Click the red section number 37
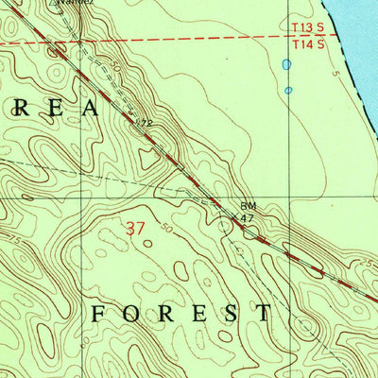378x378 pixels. coord(136,227)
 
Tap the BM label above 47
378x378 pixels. coord(248,205)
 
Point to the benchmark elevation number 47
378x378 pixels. coord(249,217)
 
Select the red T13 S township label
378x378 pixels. coord(308,28)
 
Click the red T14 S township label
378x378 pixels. coord(308,43)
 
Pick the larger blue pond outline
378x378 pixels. coord(285,65)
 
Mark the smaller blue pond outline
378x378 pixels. coord(288,91)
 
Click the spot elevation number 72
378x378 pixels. coord(145,123)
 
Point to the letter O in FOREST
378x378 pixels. coord(132,314)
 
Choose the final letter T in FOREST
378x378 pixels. coord(265,314)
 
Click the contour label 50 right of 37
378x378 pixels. coord(168,229)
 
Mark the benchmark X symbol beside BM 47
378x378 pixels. coord(234,218)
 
